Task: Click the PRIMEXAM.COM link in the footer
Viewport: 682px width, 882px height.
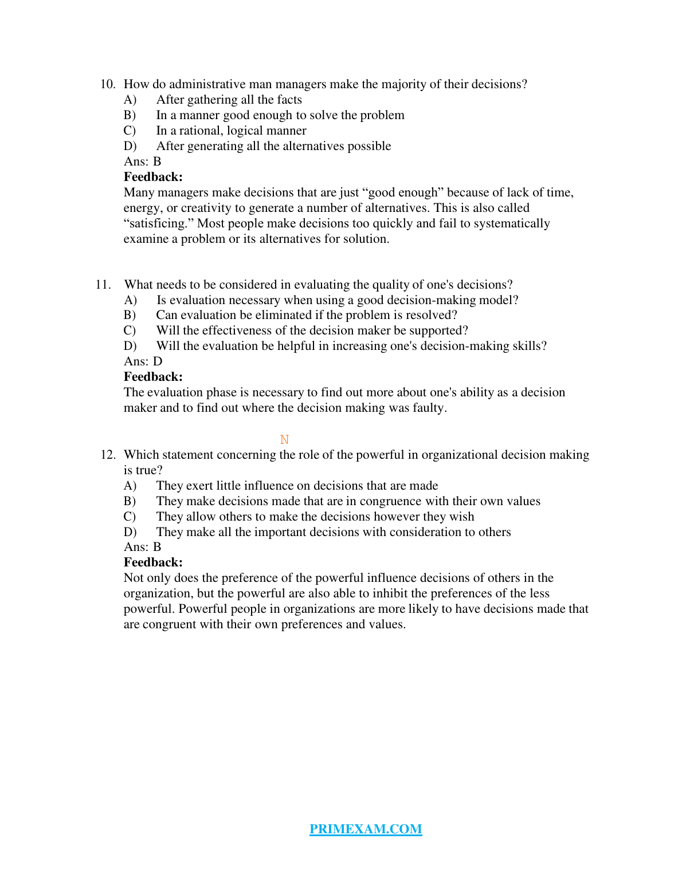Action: click(x=366, y=829)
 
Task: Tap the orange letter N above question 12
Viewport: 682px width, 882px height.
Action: click(x=284, y=439)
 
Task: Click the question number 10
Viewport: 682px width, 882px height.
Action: click(x=108, y=84)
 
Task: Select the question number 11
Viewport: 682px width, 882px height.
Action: click(x=103, y=285)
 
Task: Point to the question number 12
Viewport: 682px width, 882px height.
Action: click(x=108, y=455)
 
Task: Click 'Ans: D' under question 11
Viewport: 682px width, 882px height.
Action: click(x=143, y=361)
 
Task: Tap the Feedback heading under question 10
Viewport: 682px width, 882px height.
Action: click(x=153, y=177)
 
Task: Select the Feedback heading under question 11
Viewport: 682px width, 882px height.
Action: click(x=153, y=377)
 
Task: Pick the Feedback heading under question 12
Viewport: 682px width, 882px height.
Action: click(x=153, y=562)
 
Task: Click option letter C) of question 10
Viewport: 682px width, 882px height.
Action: click(x=130, y=131)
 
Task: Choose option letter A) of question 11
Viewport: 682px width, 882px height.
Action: click(x=130, y=300)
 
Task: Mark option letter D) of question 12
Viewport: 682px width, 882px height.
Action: click(x=130, y=532)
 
